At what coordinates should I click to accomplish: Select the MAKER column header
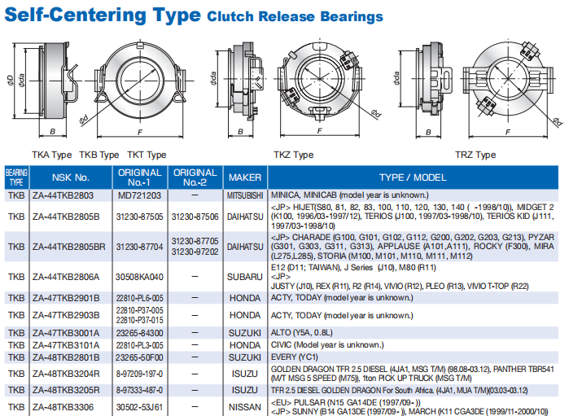[x=244, y=177]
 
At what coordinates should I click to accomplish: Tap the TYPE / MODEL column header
[x=413, y=177]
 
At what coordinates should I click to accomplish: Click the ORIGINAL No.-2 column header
[x=195, y=177]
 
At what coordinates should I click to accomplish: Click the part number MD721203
[x=139, y=195]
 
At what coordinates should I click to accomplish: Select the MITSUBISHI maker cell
[x=244, y=195]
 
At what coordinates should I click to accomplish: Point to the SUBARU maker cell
[x=244, y=277]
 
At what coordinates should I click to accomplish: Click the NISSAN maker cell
[x=244, y=405]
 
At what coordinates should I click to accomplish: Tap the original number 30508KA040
[x=140, y=277]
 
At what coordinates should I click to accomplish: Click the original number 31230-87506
[x=195, y=217]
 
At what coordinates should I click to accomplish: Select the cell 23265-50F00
[x=140, y=356]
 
